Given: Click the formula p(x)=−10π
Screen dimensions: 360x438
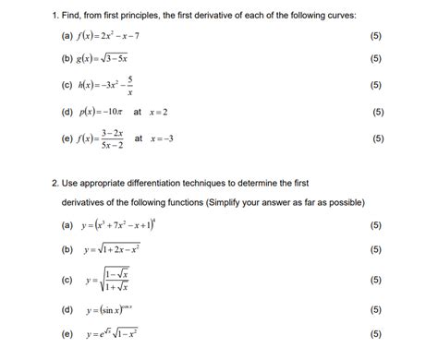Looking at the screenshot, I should point(120,113).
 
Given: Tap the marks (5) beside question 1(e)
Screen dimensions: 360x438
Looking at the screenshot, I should point(378,139).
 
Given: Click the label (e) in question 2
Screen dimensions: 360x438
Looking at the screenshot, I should point(67,334).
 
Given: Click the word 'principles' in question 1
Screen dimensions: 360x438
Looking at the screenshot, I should point(140,15).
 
